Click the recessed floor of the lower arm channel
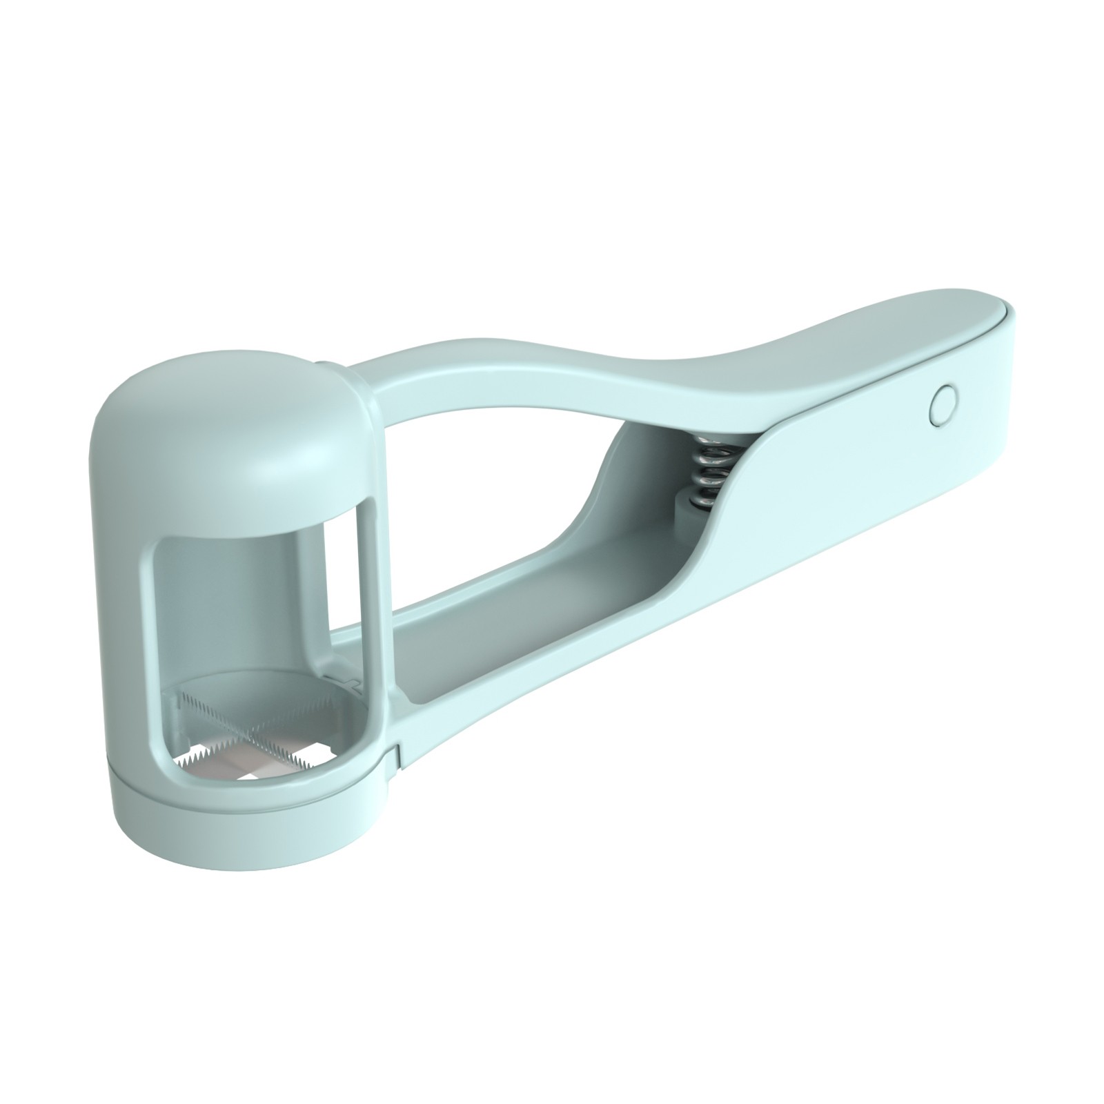click(483, 621)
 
